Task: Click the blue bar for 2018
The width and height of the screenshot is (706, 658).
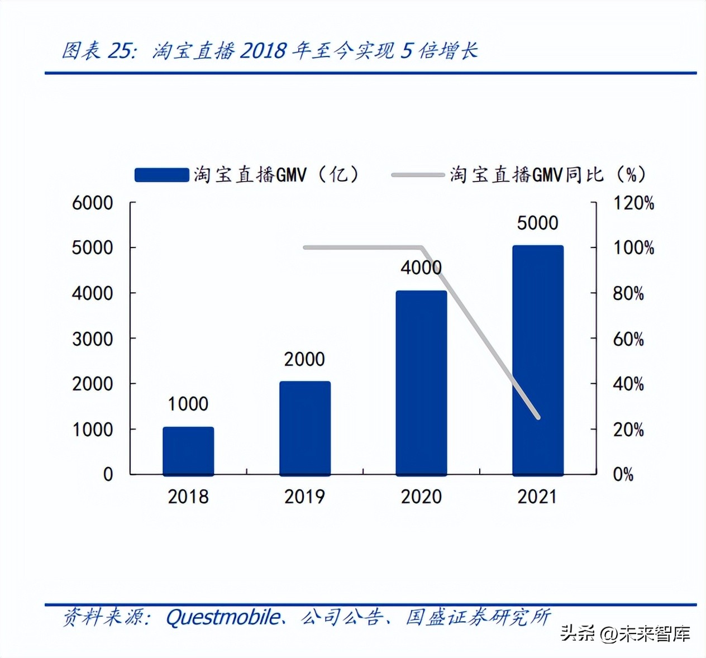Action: coord(188,451)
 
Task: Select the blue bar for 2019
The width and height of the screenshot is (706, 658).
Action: coord(305,428)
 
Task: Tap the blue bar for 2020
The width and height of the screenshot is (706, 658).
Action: coord(421,383)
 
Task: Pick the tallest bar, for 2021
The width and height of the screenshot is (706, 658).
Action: coord(538,360)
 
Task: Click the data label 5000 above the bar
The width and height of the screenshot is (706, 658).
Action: coord(537,223)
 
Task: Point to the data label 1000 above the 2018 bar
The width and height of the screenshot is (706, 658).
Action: coord(188,404)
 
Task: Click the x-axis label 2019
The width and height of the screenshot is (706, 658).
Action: coord(304,497)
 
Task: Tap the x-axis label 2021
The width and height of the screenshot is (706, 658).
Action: coord(537,497)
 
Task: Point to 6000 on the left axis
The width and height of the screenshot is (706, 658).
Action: coord(92,203)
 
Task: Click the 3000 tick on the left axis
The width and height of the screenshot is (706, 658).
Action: coord(92,339)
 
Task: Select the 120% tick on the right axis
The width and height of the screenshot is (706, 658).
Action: coord(633,203)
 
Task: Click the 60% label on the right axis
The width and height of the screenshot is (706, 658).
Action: coord(628,339)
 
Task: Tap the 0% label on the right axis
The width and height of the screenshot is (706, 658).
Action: coord(623,475)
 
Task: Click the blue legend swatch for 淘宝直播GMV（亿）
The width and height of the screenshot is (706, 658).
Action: coord(161,175)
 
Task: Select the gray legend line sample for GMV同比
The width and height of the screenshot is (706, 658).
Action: coord(418,175)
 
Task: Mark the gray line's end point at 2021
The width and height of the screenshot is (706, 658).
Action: coord(538,417)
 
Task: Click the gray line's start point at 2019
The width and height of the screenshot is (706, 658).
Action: coord(305,247)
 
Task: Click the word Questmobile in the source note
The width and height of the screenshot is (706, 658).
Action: coord(223,617)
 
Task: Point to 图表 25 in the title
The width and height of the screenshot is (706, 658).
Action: coord(98,51)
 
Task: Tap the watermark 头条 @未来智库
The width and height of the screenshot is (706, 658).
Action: coord(626,633)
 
